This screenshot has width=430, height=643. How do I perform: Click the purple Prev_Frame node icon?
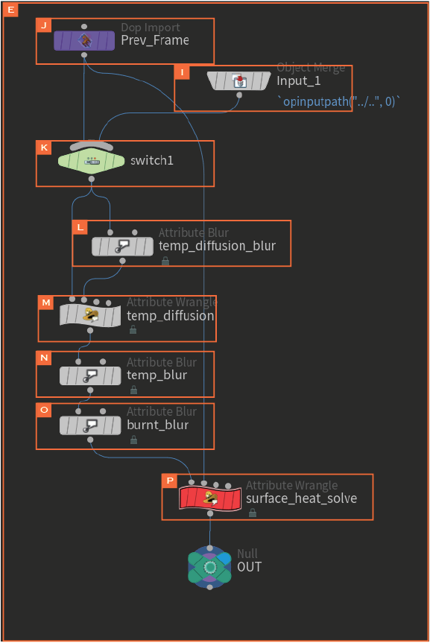pos(84,40)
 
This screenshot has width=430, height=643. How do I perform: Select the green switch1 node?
pos(91,161)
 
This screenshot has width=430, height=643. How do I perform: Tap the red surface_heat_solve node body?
pos(210,498)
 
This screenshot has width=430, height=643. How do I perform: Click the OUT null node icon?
pos(209,567)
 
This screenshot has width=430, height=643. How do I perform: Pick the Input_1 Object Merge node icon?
pos(239,81)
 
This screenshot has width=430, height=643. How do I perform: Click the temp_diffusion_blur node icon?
pos(122,247)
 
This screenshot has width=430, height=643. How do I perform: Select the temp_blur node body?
pos(90,376)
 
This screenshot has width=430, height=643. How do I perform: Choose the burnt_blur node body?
pos(90,425)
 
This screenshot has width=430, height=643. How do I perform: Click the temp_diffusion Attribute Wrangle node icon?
pos(90,315)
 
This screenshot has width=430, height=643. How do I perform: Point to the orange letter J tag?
pos(43,25)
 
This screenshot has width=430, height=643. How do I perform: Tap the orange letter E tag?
pos(10,10)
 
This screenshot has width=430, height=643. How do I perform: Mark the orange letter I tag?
pos(182,72)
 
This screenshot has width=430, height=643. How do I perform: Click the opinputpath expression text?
pos(338,101)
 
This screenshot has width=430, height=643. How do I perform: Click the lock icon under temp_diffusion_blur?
pos(165,261)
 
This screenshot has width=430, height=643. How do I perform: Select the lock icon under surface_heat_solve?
pos(253,513)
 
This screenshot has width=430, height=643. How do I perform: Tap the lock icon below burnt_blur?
pos(133,440)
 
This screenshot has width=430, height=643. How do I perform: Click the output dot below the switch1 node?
pos(92,179)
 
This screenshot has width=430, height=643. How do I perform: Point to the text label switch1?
pos(152,160)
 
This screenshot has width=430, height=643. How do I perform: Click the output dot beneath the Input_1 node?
pos(239,95)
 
